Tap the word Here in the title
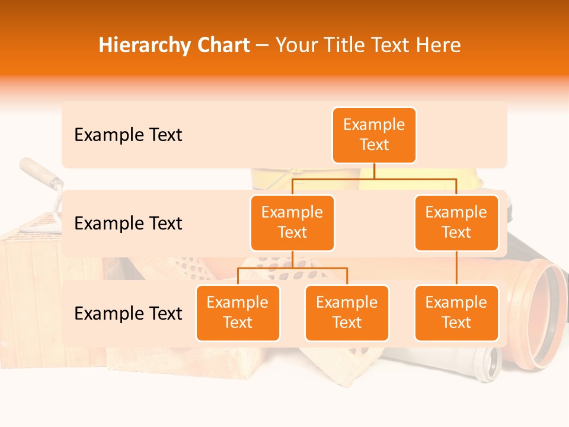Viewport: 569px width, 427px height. coord(438,45)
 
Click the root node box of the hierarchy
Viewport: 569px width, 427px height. coord(374,135)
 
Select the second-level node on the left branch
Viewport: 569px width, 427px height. coord(292,222)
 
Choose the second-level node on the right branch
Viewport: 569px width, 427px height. coord(456,222)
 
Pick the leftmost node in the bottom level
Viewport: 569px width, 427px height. coord(238,313)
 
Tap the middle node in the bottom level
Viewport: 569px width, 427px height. coord(347,313)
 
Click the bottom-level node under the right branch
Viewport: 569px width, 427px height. coord(456,313)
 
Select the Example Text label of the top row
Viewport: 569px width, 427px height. coord(128,135)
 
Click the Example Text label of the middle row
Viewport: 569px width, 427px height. coord(128,224)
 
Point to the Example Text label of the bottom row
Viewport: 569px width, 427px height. coord(128,313)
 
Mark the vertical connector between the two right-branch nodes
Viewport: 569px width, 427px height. coord(456,268)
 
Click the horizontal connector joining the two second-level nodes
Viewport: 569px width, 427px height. coord(374,179)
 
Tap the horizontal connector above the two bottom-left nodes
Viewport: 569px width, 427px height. coord(292,269)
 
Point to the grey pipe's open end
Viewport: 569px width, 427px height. coord(490,362)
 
